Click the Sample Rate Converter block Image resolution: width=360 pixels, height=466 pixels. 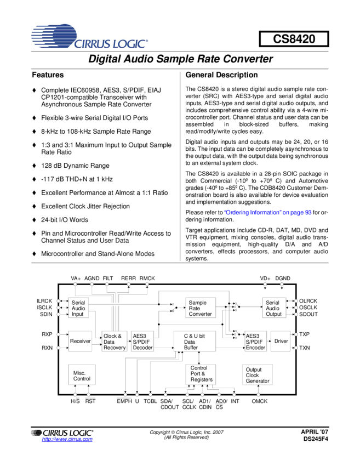coord(201,308)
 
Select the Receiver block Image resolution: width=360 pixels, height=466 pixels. coord(81,341)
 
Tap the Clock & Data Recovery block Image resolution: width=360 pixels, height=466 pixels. coord(114,342)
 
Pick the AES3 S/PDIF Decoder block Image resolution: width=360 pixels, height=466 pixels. coord(142,342)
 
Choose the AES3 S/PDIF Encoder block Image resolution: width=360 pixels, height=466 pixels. coord(255,341)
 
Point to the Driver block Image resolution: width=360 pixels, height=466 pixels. coord(281,341)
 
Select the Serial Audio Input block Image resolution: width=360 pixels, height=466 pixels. coord(78,308)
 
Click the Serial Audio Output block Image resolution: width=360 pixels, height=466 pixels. coord(273,308)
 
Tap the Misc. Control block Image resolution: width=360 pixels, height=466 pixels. coord(82,376)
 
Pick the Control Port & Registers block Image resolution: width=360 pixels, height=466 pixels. coord(199,374)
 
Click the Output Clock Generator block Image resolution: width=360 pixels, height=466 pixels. coord(257,375)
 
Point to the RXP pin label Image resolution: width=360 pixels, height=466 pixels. coord(47,333)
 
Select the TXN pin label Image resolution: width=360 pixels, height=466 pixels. coord(304,348)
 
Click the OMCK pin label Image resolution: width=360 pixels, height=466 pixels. coord(259,402)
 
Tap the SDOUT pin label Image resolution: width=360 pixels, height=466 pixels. coord(308,314)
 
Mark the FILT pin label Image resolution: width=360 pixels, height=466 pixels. coord(108,279)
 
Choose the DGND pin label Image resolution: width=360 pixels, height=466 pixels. coord(283,279)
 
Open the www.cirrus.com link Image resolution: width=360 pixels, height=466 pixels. coord(67,440)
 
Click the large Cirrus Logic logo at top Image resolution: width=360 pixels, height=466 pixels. coord(89,37)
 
